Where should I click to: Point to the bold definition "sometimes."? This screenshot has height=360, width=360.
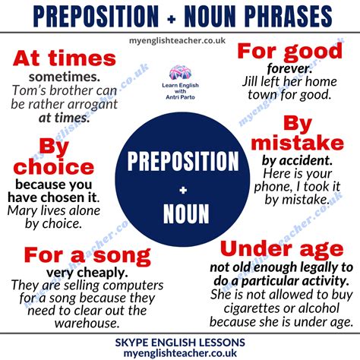(x=65, y=78)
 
